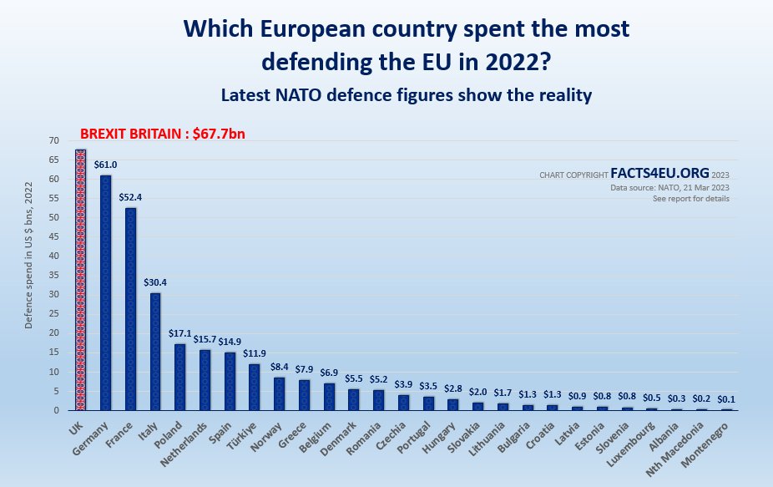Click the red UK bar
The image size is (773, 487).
[81, 280]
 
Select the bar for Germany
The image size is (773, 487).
[106, 292]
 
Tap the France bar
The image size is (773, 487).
[131, 309]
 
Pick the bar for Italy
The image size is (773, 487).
[155, 352]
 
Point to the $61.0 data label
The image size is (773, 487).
[106, 165]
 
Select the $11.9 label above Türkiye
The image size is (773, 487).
[255, 354]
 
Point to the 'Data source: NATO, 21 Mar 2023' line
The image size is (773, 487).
[669, 188]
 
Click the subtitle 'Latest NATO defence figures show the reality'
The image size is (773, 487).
[407, 95]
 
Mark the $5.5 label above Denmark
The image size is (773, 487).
[354, 378]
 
